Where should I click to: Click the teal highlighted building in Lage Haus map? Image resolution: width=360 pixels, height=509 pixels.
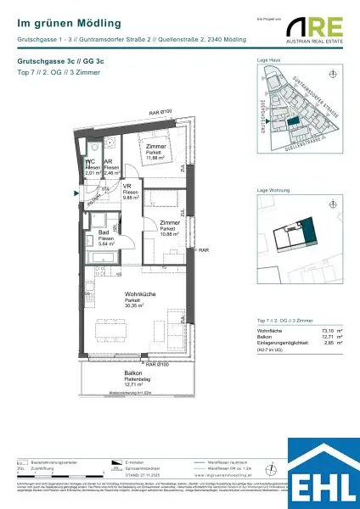(x=295, y=123)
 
